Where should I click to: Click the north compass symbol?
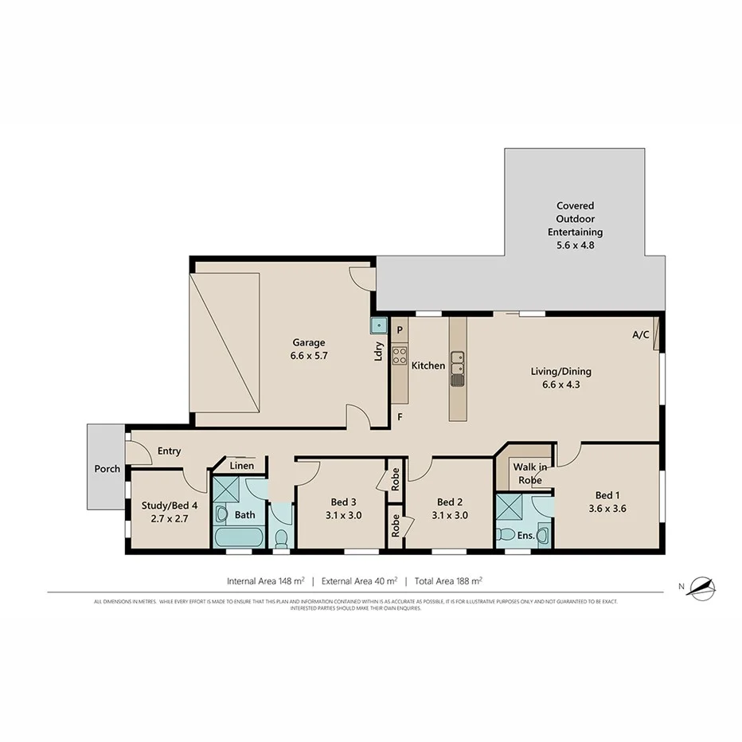[x=701, y=588]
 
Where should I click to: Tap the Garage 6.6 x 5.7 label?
[x=309, y=350]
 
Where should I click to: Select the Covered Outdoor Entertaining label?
[x=575, y=225]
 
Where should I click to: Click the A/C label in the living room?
[x=641, y=335]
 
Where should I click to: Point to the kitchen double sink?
[x=457, y=369]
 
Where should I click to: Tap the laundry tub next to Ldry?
[x=377, y=325]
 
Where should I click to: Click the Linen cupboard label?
[x=242, y=466]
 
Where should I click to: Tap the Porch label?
[x=107, y=469]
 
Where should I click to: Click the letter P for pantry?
[x=400, y=330]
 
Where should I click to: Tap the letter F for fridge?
[x=400, y=416]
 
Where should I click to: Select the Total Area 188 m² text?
[x=448, y=581]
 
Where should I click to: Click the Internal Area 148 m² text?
[x=265, y=581]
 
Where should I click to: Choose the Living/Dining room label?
[x=561, y=377]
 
